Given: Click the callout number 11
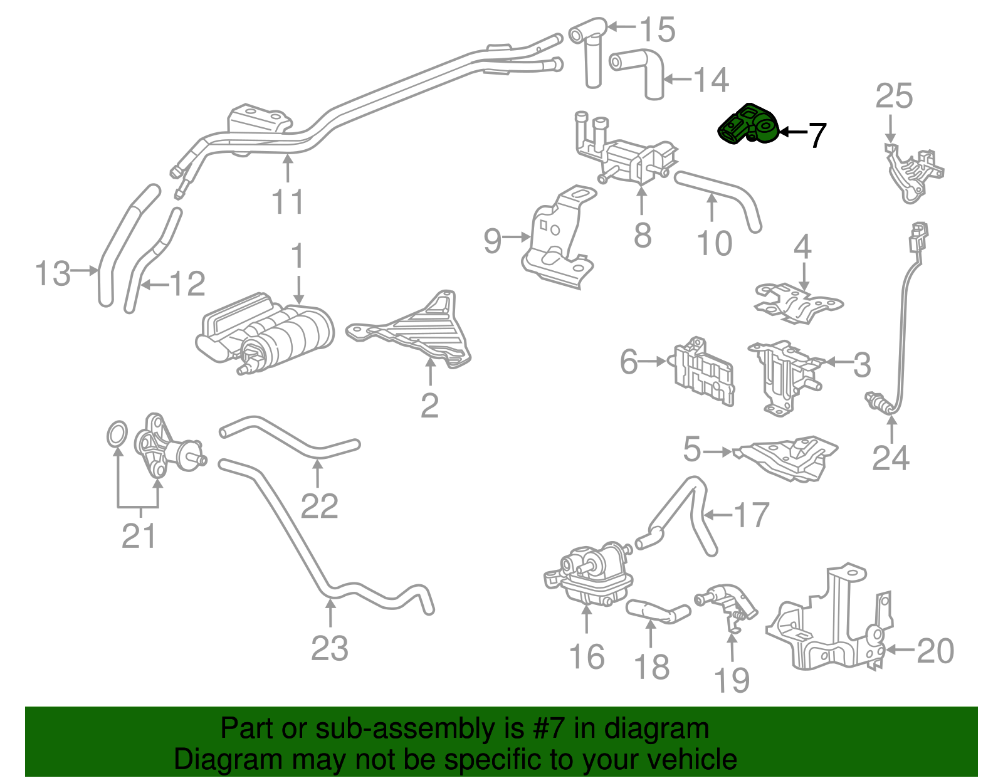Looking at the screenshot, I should point(288,202).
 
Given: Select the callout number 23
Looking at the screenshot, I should point(330,648).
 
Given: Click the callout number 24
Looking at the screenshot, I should point(890,458).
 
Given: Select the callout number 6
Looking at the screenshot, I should point(628,362).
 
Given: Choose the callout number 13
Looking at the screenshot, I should point(53,273).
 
